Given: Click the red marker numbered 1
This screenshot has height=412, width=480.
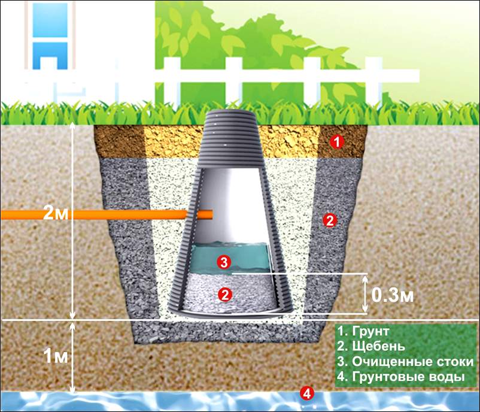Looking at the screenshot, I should click(337, 143).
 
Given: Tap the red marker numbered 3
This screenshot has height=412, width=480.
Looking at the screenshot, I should click(223, 262).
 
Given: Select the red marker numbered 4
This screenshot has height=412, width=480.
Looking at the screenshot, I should click(306, 393).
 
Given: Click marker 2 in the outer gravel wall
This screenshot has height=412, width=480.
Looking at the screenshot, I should click(328, 220).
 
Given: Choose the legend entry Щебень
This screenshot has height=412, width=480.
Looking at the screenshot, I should click(372, 347).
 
